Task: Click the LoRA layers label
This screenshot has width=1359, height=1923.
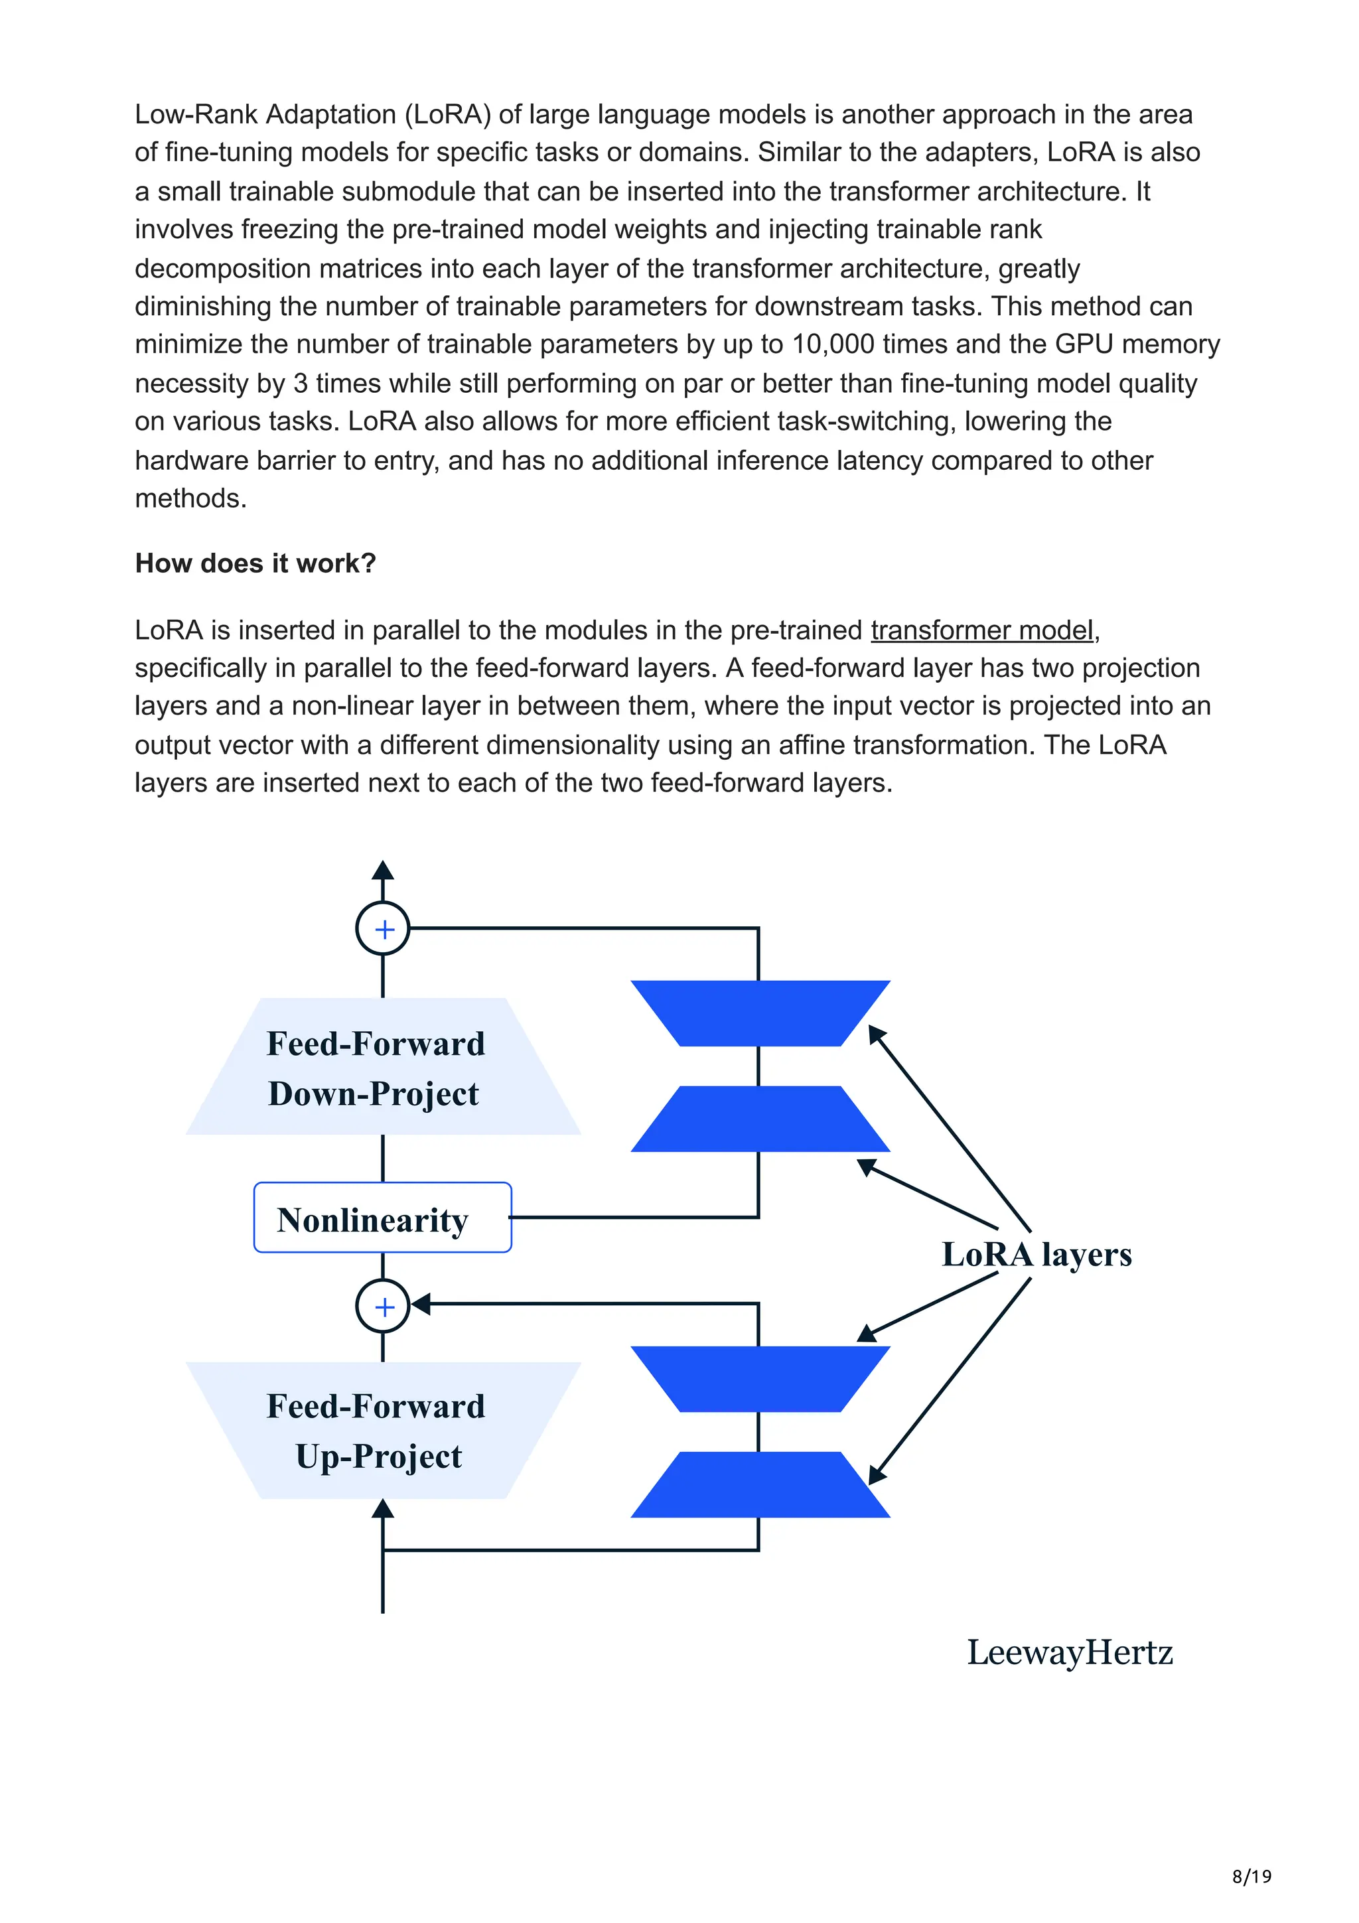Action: click(1037, 1255)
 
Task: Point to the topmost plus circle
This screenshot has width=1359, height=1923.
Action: click(383, 929)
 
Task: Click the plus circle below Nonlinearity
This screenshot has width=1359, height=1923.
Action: click(383, 1306)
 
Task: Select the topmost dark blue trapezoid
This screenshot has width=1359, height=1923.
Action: click(760, 1013)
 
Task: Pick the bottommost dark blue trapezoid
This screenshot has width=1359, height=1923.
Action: click(760, 1484)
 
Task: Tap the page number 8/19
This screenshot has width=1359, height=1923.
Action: click(1251, 1876)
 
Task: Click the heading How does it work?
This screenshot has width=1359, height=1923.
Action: click(255, 563)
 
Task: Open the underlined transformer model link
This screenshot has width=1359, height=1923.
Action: click(981, 630)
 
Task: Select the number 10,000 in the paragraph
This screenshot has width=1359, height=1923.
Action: click(833, 344)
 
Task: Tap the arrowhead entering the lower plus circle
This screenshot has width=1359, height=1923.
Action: click(420, 1304)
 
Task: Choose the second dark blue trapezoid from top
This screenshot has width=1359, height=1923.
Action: click(760, 1119)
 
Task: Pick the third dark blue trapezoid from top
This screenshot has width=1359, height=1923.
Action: click(760, 1379)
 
